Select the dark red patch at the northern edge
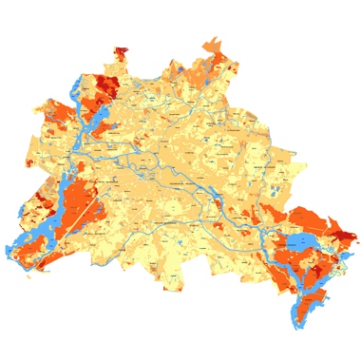coord(122,51)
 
